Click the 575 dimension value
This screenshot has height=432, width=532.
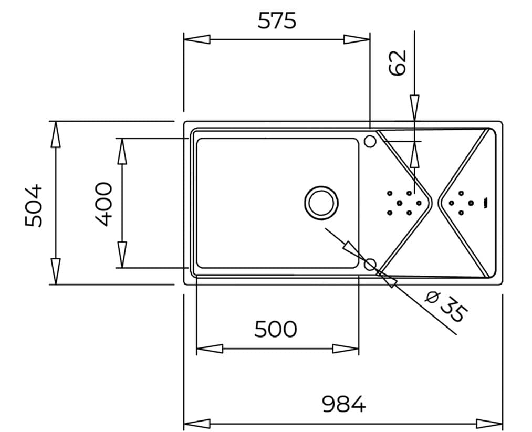pos(277,20)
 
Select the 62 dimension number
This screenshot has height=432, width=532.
pos(399,62)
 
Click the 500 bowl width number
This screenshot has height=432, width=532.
pos(276,329)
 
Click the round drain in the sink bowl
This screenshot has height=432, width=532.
pos(321,203)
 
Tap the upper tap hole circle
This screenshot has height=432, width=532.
pos(370,141)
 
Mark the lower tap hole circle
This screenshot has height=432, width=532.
pos(370,264)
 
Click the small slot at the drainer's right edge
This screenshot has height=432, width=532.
pos(486,203)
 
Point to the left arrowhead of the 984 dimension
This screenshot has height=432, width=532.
pos(196,424)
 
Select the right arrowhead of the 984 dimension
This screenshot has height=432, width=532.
pos(489,424)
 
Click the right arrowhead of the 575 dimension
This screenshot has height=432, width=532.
pos(357,39)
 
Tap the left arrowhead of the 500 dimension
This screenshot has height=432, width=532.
pos(209,349)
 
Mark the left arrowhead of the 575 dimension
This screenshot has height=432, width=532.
pos(197,39)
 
